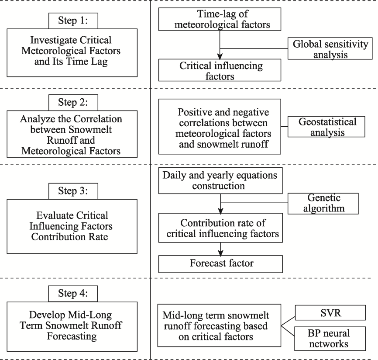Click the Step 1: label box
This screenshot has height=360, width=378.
coord(73,21)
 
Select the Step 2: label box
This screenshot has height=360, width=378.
coord(73,103)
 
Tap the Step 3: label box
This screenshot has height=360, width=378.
coord(73,191)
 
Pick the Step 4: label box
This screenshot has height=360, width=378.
coord(73,294)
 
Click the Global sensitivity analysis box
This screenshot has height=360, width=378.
coord(330,48)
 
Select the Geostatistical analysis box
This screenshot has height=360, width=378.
coord(326,127)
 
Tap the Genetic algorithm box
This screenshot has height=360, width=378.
coord(323,204)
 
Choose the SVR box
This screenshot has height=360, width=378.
coord(330,313)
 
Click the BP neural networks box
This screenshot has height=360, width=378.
coord(330,339)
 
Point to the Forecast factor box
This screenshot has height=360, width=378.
coord(220,264)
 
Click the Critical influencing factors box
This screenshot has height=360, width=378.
coord(220,70)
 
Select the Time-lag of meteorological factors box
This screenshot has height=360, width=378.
coord(220,19)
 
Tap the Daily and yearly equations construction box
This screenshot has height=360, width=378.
coord(220,180)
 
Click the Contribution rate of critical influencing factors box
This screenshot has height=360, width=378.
coord(220,228)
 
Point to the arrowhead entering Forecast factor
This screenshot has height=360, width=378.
coord(220,253)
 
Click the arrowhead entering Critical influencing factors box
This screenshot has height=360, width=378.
coord(220,56)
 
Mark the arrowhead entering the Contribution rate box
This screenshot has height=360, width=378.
coord(220,211)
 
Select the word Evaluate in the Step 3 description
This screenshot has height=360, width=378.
coord(51,215)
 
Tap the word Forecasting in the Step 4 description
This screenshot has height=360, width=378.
coord(72,336)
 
